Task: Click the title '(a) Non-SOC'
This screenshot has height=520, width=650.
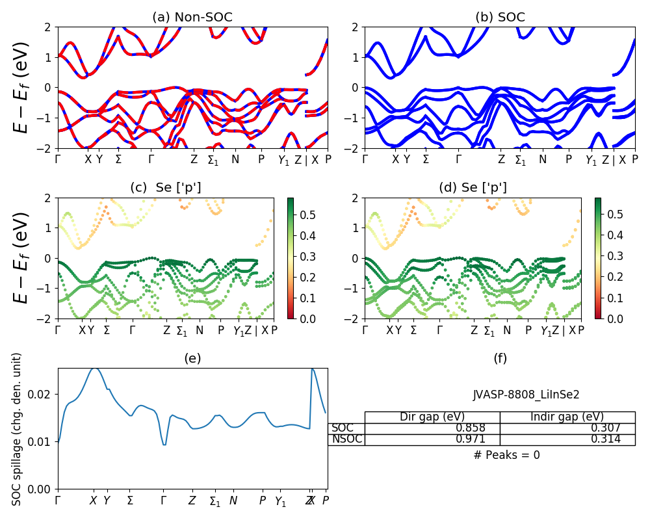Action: [x=192, y=18]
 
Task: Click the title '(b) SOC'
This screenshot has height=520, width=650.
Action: [x=500, y=18]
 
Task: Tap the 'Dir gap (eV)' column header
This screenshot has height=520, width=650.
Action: [x=432, y=417]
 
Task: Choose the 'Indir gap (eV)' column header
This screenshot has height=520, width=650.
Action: [x=567, y=417]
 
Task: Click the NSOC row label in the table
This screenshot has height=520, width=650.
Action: [x=346, y=439]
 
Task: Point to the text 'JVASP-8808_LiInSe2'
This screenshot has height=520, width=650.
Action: [x=526, y=395]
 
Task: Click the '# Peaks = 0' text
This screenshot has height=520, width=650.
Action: [x=506, y=455]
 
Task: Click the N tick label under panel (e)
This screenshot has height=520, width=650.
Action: [x=233, y=501]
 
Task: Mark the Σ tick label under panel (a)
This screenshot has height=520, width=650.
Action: [x=118, y=159]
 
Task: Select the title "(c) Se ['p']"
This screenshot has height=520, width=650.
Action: [x=166, y=188]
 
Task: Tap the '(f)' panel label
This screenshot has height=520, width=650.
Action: [x=500, y=358]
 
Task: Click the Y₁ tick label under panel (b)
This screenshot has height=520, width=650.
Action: [x=591, y=160]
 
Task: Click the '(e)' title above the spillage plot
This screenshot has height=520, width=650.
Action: [x=192, y=358]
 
